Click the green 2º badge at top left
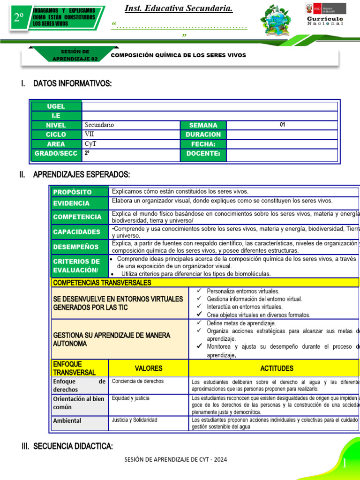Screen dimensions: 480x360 click(18, 18)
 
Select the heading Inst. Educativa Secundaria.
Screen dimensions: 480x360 click(179, 9)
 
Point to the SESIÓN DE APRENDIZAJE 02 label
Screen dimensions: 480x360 click(75, 55)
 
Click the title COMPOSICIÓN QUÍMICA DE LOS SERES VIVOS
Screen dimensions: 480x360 click(178, 55)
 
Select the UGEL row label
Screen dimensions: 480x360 click(56, 106)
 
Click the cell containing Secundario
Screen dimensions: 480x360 click(131, 125)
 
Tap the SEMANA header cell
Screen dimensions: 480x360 click(203, 125)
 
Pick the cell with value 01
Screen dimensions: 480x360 click(282, 125)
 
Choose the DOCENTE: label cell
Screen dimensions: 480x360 click(203, 153)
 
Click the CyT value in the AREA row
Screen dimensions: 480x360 click(131, 144)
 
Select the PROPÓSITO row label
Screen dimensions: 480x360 click(79, 192)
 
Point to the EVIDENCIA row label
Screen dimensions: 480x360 click(79, 203)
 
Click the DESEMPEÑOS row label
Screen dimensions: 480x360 click(79, 247)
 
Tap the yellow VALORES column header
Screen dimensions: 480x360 click(149, 368)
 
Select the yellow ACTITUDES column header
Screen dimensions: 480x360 click(277, 368)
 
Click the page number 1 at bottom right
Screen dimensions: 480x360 click(345, 464)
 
